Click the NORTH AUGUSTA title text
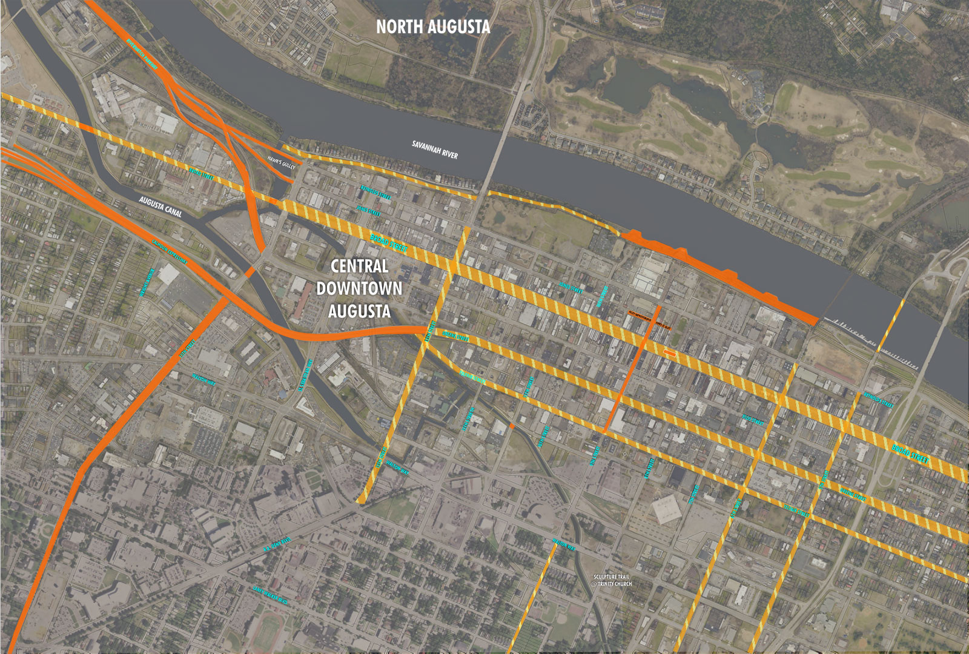click(x=433, y=27)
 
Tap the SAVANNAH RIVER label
click(x=435, y=150)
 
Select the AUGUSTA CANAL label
click(x=160, y=206)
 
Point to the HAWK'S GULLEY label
click(x=281, y=162)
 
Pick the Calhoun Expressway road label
click(x=169, y=252)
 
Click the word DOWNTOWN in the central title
click(x=359, y=289)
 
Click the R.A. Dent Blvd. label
click(x=277, y=544)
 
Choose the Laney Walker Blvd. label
click(x=270, y=595)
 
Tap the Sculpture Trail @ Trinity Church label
click(x=612, y=580)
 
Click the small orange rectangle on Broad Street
click(x=669, y=352)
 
